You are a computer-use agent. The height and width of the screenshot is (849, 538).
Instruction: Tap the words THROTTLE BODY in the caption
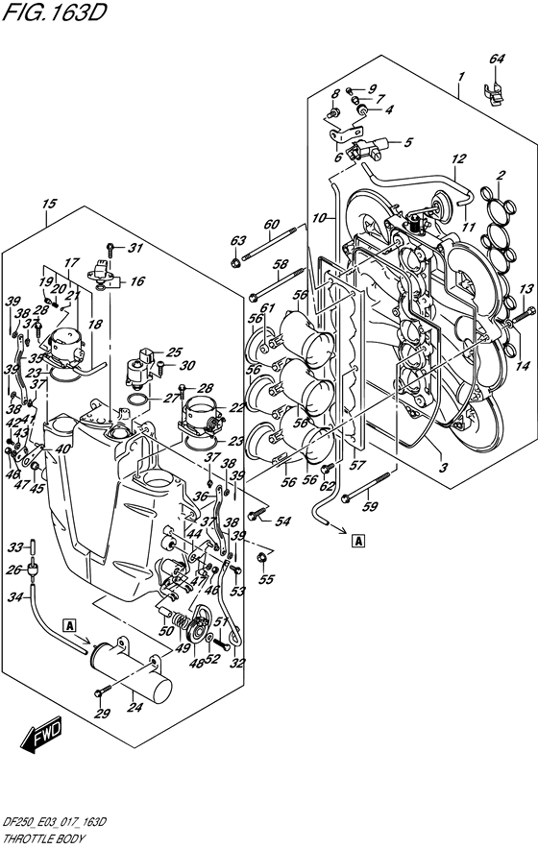coord(39,838)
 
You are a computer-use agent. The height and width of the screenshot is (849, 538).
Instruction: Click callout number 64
coord(496,60)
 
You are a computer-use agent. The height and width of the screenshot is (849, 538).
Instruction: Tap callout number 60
coord(272,227)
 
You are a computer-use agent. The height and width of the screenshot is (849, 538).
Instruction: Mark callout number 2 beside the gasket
coord(501,175)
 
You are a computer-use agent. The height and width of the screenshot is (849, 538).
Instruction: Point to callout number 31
coord(135,249)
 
